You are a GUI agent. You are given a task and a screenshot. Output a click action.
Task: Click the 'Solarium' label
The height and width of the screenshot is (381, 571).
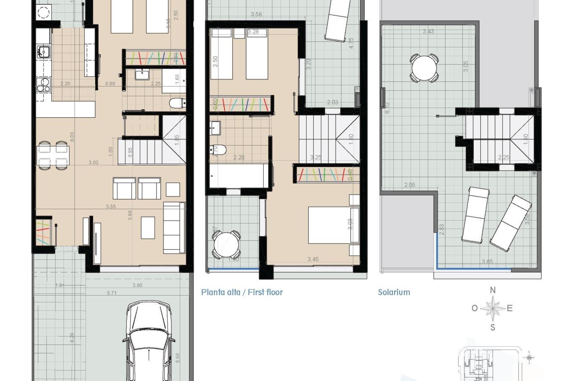394,292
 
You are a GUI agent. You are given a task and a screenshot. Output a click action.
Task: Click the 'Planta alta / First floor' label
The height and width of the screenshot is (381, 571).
242,292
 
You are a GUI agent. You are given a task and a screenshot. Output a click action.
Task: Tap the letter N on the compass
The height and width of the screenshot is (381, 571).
493,290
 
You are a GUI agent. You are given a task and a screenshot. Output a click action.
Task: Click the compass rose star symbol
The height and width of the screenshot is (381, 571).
493,308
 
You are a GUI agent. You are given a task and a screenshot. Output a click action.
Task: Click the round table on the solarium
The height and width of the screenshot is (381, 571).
424,68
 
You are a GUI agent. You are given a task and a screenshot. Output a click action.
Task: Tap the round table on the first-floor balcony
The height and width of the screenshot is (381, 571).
226,244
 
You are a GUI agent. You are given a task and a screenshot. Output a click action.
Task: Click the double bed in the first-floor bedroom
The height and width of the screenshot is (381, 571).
330,225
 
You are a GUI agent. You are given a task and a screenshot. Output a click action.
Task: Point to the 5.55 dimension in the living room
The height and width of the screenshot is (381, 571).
111,206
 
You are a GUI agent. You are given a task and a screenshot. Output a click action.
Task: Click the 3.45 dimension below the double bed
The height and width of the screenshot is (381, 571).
313,259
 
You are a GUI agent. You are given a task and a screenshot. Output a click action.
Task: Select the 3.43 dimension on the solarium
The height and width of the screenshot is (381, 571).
428,31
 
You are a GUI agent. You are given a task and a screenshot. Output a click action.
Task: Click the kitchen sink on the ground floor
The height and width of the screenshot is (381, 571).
44,52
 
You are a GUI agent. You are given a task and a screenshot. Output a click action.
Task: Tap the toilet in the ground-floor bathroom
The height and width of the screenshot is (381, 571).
177,103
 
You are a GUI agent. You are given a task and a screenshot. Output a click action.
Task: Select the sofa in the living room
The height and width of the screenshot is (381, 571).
174,228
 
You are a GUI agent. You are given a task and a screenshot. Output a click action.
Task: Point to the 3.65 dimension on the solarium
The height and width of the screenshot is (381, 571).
487,262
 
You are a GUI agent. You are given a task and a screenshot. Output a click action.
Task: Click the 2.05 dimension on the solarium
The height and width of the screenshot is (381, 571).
410,185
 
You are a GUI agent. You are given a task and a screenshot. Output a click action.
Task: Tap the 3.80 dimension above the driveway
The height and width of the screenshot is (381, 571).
137,285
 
